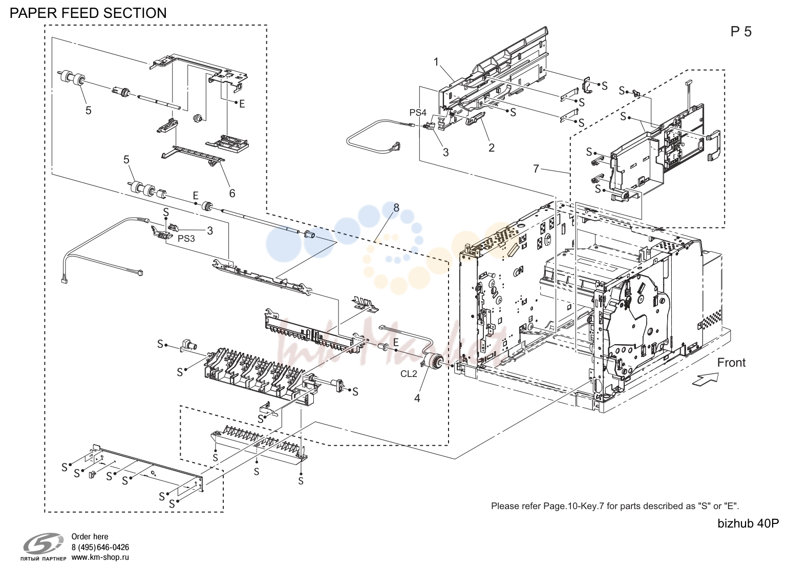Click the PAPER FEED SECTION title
tap(88, 13)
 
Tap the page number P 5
tap(741, 32)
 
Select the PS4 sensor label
tap(418, 113)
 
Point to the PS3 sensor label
tap(186, 239)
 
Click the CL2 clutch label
tap(409, 374)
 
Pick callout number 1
tap(436, 62)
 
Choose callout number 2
tap(492, 148)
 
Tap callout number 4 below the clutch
tap(417, 398)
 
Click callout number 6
tap(232, 193)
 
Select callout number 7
tap(536, 169)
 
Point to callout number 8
tap(396, 208)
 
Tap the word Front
tap(731, 363)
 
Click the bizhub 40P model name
tap(748, 523)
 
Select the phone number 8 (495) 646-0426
tap(100, 548)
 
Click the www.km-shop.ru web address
tap(100, 558)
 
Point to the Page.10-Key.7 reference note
tap(615, 506)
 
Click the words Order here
tap(90, 537)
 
